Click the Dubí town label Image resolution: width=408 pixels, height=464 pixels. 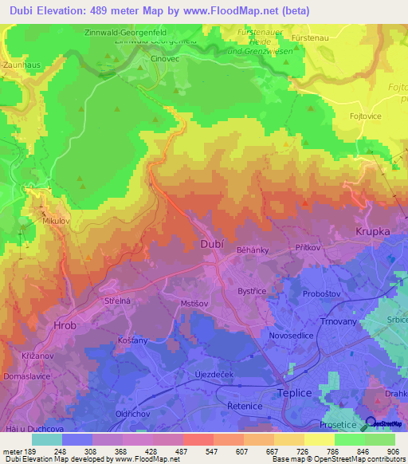(212, 246)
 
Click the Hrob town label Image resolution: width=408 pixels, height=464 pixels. (65, 326)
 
